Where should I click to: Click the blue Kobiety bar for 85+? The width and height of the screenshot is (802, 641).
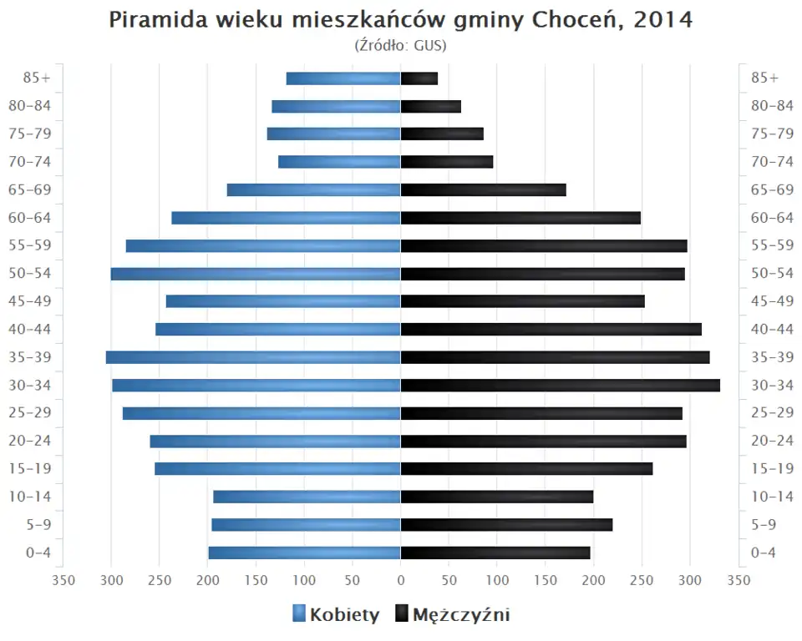[343, 78]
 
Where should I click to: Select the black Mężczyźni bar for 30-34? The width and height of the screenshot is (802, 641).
[560, 385]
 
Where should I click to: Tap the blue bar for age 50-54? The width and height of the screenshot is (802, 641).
[256, 274]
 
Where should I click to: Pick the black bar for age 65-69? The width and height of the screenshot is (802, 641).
[483, 190]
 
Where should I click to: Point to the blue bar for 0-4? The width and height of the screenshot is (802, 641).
[304, 553]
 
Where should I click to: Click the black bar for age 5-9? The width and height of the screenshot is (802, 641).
[506, 524]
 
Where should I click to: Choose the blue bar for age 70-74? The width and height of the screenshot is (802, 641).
[339, 162]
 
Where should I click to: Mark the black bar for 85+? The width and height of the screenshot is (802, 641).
[419, 78]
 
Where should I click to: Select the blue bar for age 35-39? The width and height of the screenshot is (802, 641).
[253, 357]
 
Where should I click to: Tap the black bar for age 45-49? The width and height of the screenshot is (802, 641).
[522, 301]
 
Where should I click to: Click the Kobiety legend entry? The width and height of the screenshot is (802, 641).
[336, 615]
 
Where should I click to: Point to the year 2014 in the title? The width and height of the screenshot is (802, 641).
[663, 20]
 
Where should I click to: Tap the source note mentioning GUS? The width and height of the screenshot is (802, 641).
[401, 45]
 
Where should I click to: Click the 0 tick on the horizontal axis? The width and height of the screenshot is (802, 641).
[401, 579]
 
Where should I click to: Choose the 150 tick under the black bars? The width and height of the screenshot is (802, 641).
[546, 579]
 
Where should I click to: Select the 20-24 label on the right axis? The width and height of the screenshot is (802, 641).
[772, 441]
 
